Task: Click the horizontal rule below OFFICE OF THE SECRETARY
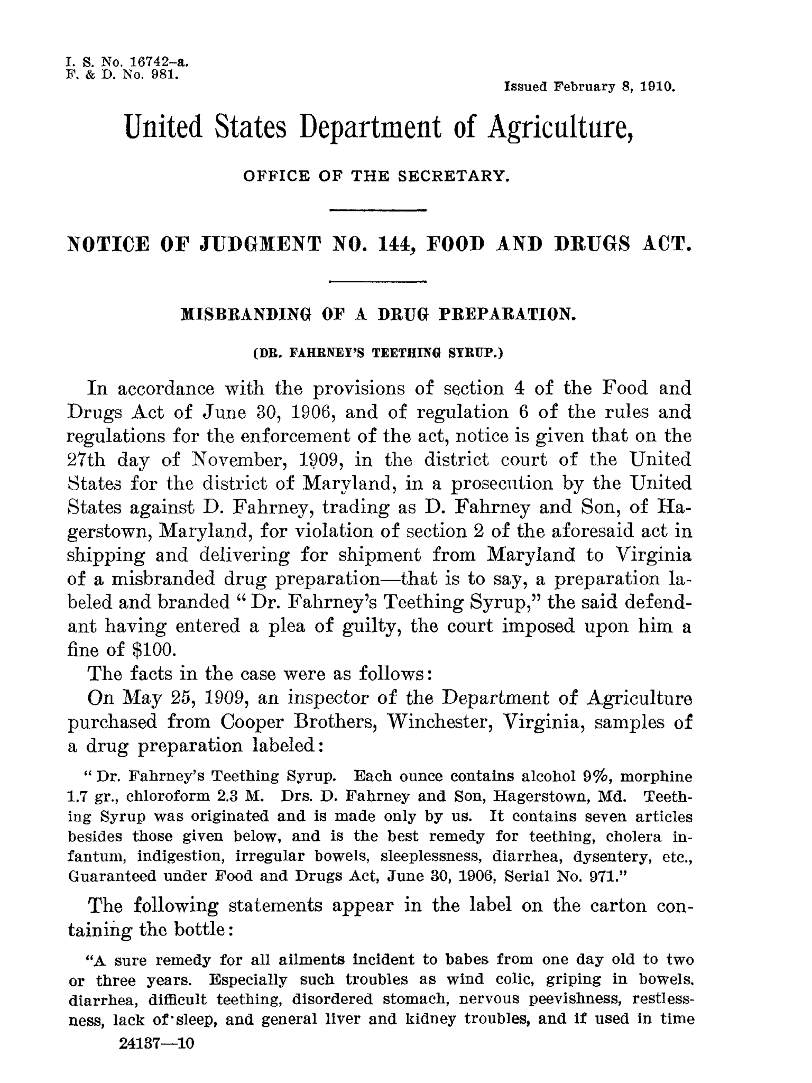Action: pyautogui.click(x=377, y=211)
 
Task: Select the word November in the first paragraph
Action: pyautogui.click(x=235, y=460)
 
